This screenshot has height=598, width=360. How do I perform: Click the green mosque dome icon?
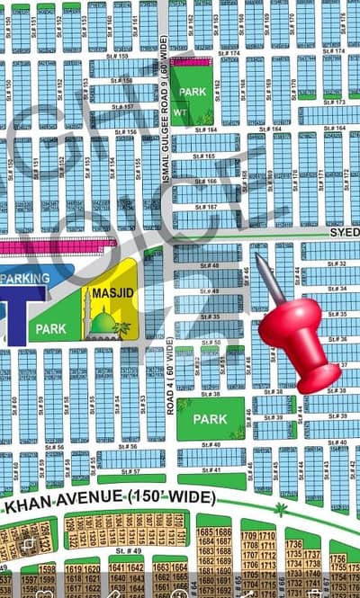104,322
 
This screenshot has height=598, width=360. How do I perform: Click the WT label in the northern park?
182,112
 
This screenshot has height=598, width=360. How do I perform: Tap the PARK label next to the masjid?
50,328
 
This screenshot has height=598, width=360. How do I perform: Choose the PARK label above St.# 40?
210,419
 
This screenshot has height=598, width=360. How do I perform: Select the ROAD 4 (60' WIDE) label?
171,370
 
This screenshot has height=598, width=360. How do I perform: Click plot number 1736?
293,544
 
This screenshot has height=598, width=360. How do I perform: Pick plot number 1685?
206,531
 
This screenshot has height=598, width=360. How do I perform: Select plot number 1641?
118,567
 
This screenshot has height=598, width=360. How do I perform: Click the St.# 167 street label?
205,208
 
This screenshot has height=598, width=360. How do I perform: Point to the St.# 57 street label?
130,471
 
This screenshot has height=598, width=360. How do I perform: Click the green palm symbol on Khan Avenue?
281,510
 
